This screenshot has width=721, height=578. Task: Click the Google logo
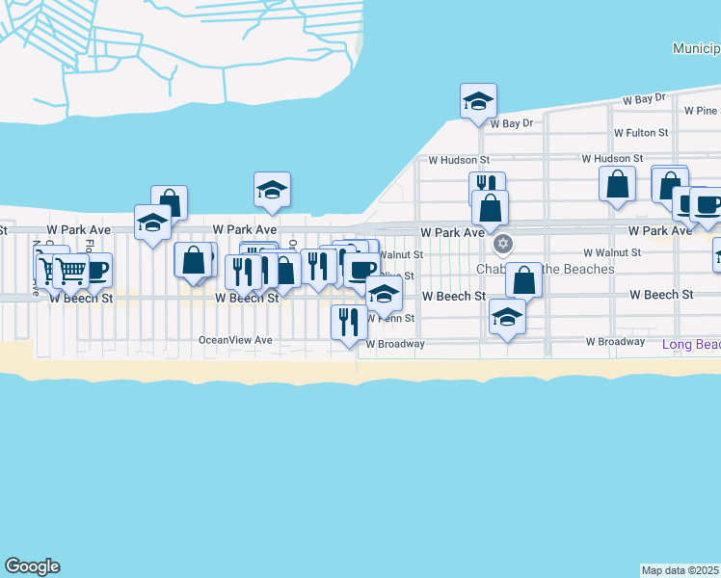pos(32,566)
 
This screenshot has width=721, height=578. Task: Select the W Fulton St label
pos(641,133)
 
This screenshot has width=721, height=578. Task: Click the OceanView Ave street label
pos(235,340)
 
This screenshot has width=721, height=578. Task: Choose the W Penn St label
pos(394,318)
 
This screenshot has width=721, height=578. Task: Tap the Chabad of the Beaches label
pos(546,269)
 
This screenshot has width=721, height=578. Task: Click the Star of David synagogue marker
pos(502,244)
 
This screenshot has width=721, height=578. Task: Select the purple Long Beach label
pos(691,344)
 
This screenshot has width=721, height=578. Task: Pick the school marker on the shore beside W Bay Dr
pos(478,100)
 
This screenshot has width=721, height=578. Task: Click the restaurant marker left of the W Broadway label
pos(348,321)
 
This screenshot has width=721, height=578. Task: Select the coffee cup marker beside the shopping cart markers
pos(94,269)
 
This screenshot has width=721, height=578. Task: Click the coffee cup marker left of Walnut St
pos(361,271)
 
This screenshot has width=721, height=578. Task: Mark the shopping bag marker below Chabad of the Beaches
pos(523,280)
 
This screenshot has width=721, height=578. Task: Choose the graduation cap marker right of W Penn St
pos(507,316)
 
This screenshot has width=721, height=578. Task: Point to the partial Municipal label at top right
pos(696,48)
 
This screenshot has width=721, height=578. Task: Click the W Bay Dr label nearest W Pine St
pos(644,98)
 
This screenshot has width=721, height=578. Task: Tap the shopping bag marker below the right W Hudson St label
pos(617,183)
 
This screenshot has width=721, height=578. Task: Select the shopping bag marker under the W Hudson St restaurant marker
pos(490,207)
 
